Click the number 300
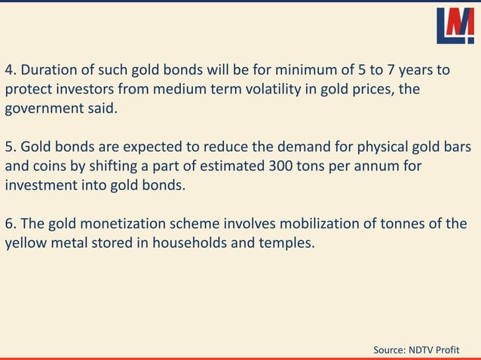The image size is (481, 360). click(280, 165)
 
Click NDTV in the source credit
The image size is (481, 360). click(427, 350)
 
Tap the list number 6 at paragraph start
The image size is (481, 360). click(10, 224)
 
